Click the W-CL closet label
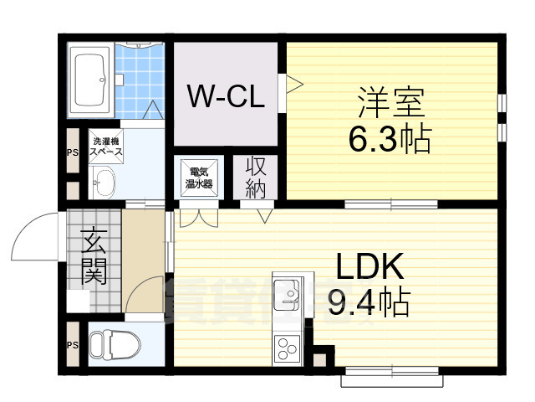(x=225, y=97)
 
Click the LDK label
(x=371, y=267)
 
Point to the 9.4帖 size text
(x=369, y=301)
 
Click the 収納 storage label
(x=255, y=177)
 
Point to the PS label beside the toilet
(x=71, y=343)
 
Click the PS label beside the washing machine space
(x=71, y=152)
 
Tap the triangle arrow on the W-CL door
(x=293, y=84)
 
